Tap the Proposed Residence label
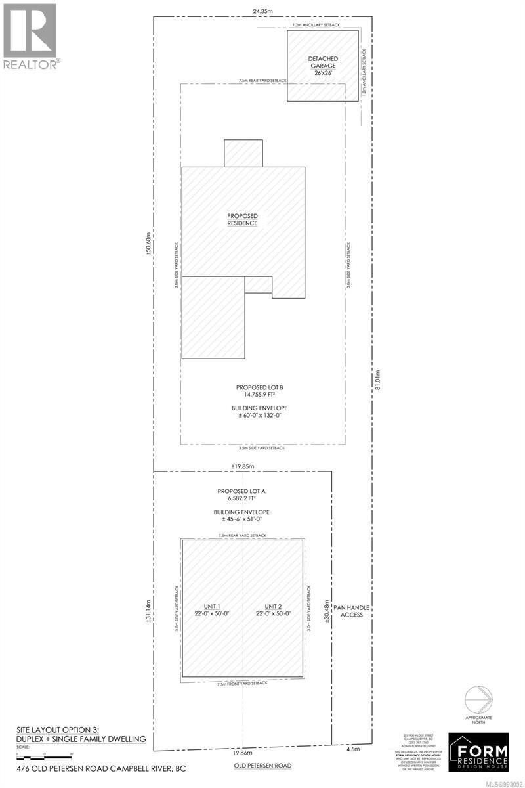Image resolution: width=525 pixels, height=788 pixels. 242,219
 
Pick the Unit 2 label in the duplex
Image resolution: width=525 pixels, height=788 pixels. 274,610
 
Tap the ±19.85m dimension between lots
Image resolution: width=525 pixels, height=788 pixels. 242,466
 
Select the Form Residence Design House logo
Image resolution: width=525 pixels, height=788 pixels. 483,750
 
